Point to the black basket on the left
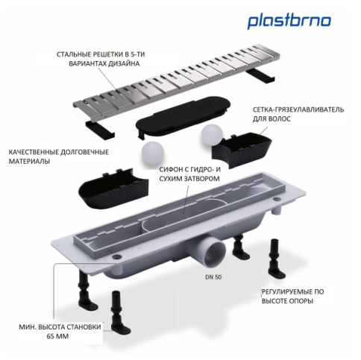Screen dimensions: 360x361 coord(111,186)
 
